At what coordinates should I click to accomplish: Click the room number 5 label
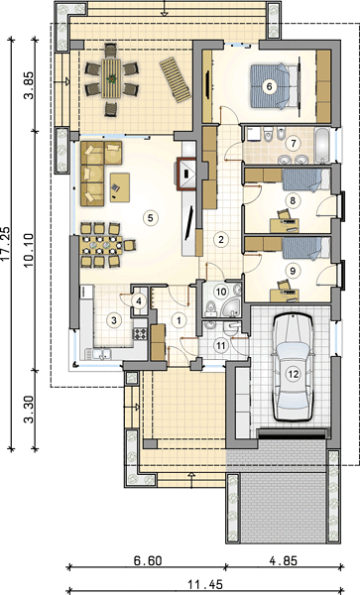(x=150, y=218)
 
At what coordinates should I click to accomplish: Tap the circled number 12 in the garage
(x=293, y=374)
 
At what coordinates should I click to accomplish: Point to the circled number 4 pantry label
(x=139, y=301)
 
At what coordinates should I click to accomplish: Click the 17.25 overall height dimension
(x=7, y=245)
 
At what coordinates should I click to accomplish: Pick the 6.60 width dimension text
(x=147, y=560)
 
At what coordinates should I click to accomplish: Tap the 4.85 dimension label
(x=284, y=560)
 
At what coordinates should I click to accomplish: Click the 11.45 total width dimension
(x=205, y=584)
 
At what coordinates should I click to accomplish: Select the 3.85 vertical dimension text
(x=30, y=85)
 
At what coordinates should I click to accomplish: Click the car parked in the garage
(x=293, y=367)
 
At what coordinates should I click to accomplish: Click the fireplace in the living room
(x=186, y=173)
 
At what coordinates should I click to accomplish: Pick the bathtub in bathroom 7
(x=322, y=146)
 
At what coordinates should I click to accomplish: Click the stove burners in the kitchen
(x=140, y=333)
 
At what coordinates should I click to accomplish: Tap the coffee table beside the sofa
(x=120, y=187)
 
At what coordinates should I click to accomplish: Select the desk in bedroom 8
(x=284, y=225)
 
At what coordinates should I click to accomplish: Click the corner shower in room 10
(x=230, y=307)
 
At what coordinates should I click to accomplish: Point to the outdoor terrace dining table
(x=111, y=78)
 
